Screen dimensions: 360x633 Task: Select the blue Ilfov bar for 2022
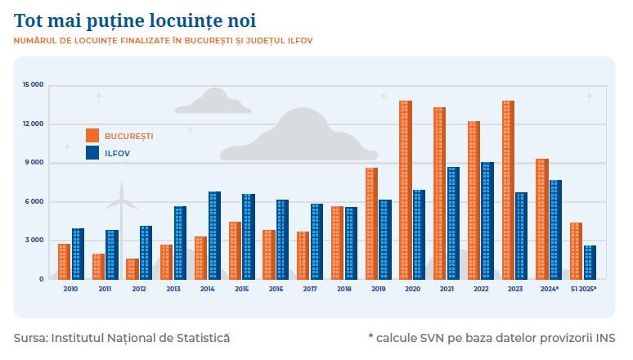pyautogui.click(x=487, y=221)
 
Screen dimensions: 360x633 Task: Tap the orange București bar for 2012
pyautogui.click(x=132, y=268)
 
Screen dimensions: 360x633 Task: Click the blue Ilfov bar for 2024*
pyautogui.click(x=555, y=229)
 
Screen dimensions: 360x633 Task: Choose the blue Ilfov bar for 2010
pyautogui.click(x=78, y=254)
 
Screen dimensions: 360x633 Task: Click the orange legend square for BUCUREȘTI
pyautogui.click(x=93, y=135)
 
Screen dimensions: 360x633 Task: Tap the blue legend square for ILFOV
pyautogui.click(x=93, y=152)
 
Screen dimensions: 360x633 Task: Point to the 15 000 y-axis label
pyautogui.click(x=34, y=84)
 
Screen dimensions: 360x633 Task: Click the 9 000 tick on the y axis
pyautogui.click(x=34, y=162)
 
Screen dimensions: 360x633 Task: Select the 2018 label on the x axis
pyautogui.click(x=343, y=289)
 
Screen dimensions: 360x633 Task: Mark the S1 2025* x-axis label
pyautogui.click(x=583, y=289)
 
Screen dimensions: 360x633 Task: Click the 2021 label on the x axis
pyautogui.click(x=446, y=289)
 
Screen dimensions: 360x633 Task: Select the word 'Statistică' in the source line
pyautogui.click(x=201, y=337)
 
